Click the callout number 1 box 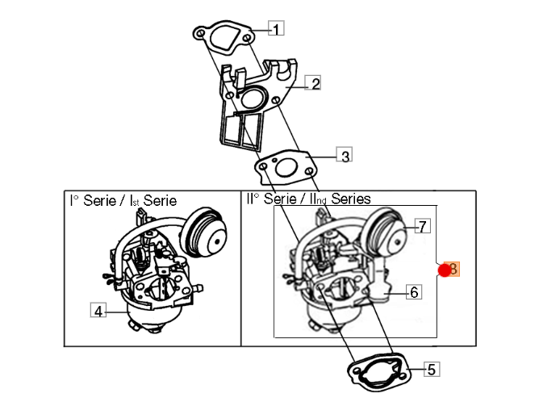[276, 28]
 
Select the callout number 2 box [313, 83]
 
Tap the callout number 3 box [345, 154]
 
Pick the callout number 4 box [98, 310]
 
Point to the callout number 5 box [432, 369]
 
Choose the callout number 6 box [414, 291]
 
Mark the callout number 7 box [423, 226]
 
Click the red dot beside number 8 [445, 270]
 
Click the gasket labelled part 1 [224, 37]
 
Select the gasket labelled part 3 [286, 168]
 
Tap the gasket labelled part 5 [379, 371]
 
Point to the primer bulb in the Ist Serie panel [203, 233]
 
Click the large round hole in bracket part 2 [253, 98]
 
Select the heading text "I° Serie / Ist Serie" [123, 200]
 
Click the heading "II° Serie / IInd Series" [308, 199]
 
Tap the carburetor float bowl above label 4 [144, 317]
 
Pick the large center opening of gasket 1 [224, 37]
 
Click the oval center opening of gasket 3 [286, 168]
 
